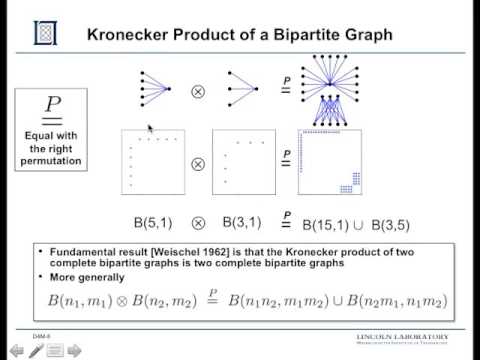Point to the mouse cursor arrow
click(x=150, y=129)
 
